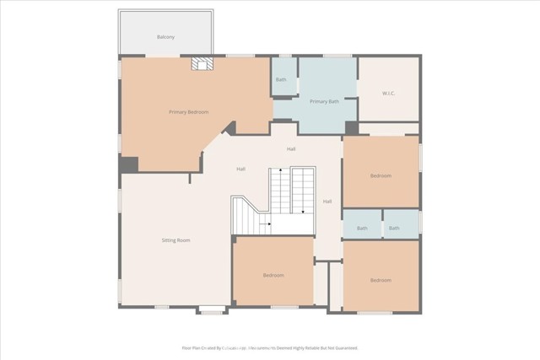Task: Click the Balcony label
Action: click(x=165, y=37)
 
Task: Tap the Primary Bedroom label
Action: click(x=188, y=112)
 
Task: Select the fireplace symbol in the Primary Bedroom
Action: click(x=201, y=64)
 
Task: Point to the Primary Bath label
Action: click(x=324, y=101)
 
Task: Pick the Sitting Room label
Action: click(x=175, y=240)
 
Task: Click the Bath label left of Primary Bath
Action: click(x=281, y=80)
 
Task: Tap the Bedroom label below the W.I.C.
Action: click(x=381, y=175)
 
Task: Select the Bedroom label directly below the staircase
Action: click(x=273, y=275)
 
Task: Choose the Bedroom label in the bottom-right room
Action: click(x=381, y=280)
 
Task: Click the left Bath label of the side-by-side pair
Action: click(x=362, y=228)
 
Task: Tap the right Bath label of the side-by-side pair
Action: click(x=394, y=228)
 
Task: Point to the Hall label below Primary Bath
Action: click(x=291, y=149)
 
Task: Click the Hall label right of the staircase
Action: click(x=327, y=201)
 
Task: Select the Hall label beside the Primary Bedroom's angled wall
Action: click(x=240, y=169)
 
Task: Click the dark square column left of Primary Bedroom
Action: click(x=128, y=165)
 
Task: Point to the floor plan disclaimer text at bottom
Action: click(x=270, y=347)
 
